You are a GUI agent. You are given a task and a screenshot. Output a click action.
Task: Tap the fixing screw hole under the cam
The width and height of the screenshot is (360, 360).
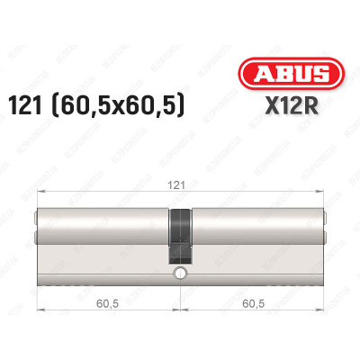coord(181,272)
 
